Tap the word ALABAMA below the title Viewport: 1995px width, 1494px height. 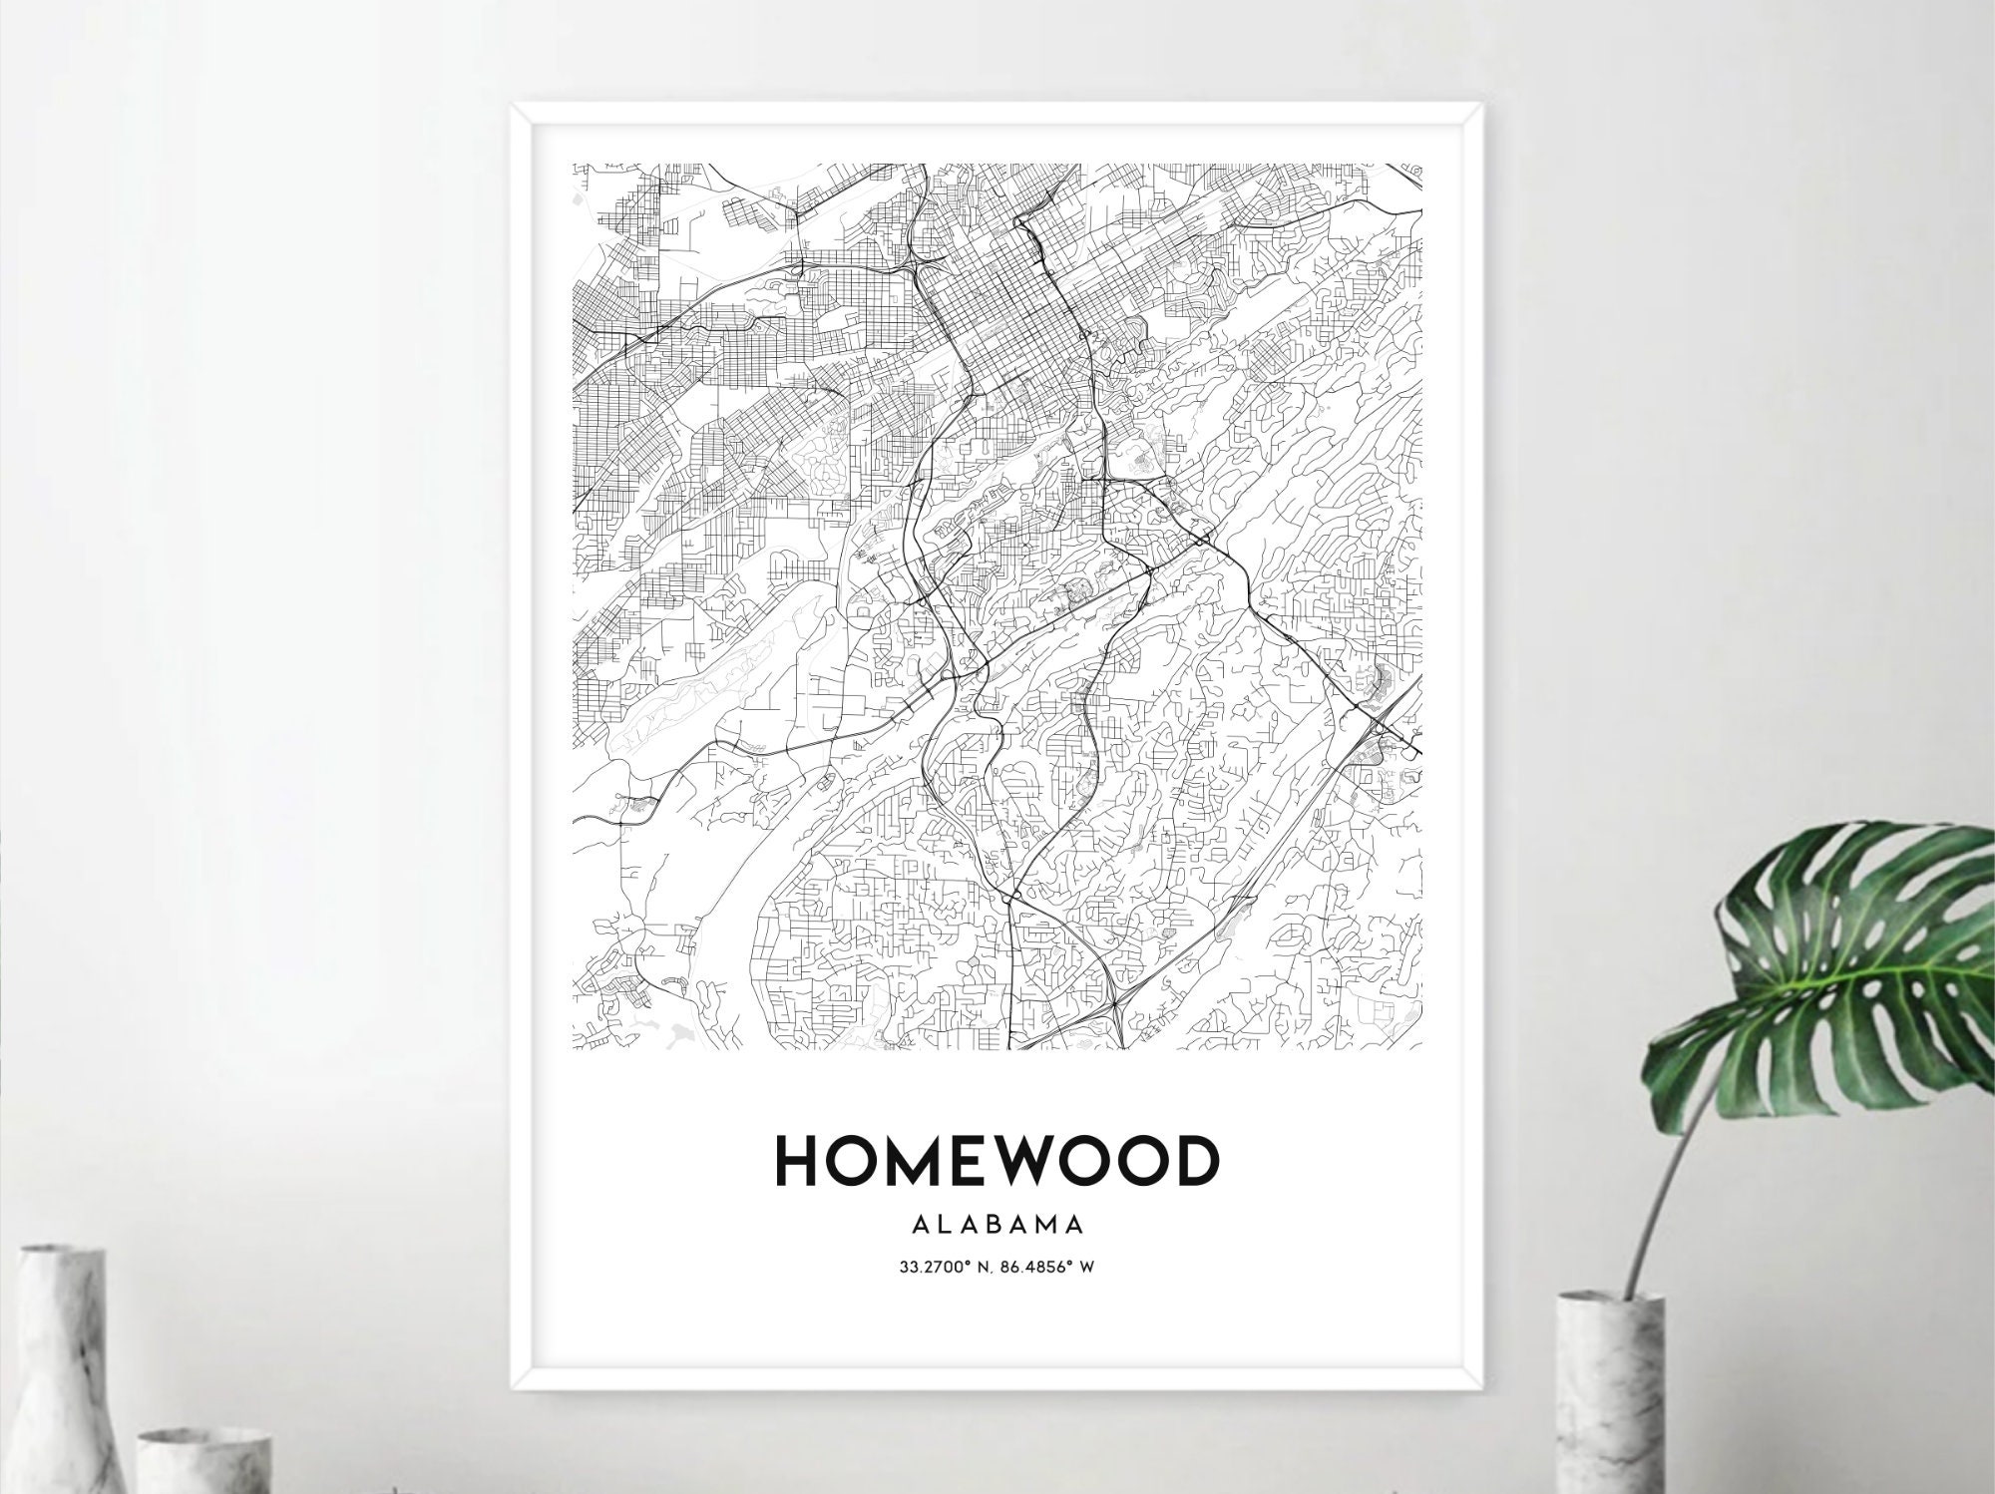pyautogui.click(x=997, y=1224)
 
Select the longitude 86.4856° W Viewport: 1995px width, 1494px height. pyautogui.click(x=1053, y=1269)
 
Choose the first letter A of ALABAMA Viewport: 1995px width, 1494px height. pyautogui.click(x=919, y=1224)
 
